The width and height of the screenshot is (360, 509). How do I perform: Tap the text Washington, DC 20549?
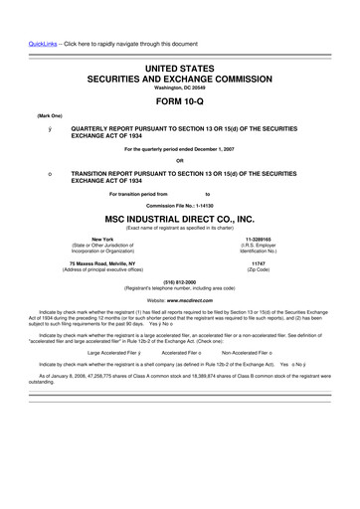click(180, 85)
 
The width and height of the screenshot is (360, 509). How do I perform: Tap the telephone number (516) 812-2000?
click(180, 281)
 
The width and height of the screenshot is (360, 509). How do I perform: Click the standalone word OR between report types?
click(180, 161)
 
